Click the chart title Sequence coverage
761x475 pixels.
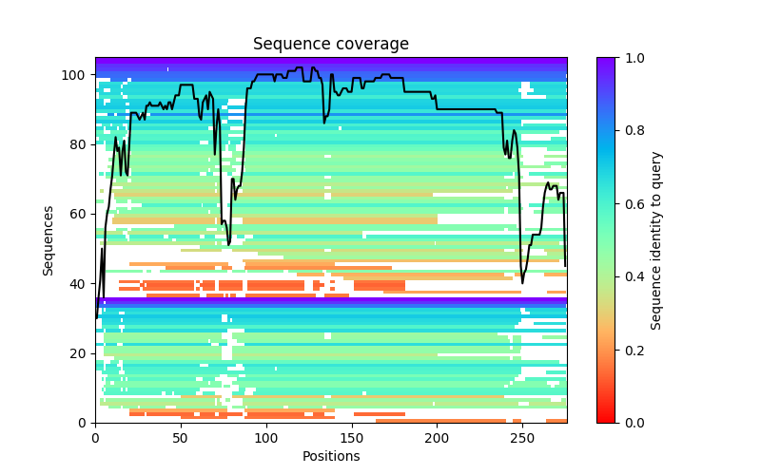(330, 44)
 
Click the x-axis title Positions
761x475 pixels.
(330, 456)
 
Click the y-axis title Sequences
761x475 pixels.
(49, 239)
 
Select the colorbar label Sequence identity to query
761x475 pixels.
(656, 239)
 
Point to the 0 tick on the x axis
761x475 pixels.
(95, 437)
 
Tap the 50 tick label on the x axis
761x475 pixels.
(181, 437)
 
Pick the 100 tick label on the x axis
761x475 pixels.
(266, 437)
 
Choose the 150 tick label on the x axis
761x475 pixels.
(352, 437)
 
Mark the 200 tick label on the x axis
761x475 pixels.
(437, 437)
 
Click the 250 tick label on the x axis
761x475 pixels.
(522, 437)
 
